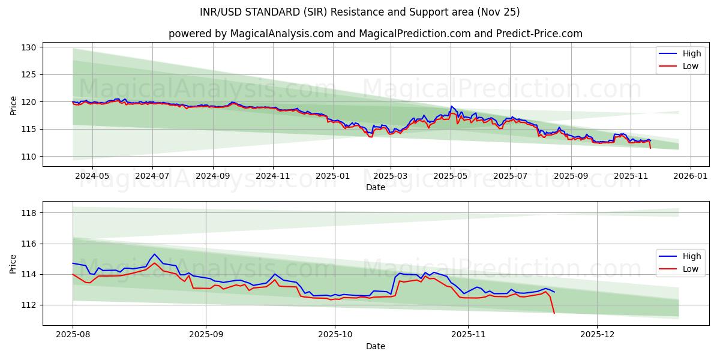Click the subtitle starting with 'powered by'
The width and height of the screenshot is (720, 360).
[x=376, y=34]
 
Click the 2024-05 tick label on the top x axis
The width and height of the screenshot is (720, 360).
[x=92, y=176]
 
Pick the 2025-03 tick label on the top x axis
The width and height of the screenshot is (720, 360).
[x=391, y=176]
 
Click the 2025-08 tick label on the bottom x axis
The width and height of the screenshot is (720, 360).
[x=73, y=335]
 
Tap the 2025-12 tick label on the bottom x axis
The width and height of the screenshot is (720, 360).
[x=597, y=335]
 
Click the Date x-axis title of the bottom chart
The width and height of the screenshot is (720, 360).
[x=376, y=346]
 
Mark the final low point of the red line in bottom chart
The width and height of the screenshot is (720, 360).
[x=554, y=313]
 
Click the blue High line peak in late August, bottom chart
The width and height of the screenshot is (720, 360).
[x=154, y=254]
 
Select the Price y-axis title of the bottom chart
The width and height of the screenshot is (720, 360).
[x=13, y=263]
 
